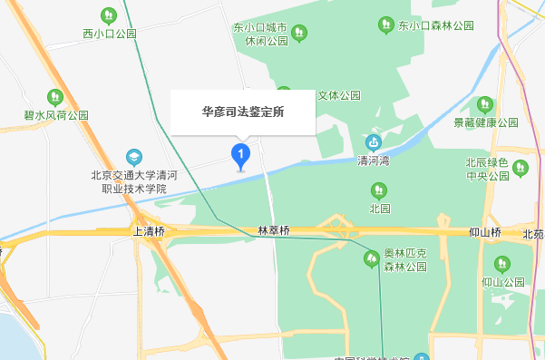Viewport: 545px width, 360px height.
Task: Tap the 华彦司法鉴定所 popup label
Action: point(243,113)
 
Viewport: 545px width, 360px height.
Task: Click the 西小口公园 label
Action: point(109,34)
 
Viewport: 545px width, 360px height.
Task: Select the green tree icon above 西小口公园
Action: point(109,15)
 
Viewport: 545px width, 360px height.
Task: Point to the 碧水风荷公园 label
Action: point(56,115)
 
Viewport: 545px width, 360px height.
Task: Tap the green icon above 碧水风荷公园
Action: point(55,96)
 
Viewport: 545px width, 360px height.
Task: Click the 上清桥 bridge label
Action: point(149,232)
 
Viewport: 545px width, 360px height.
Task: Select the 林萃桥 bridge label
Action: point(273,232)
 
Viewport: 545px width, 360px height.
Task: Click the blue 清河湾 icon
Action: point(373,142)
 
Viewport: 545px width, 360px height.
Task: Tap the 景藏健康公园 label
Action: point(485,122)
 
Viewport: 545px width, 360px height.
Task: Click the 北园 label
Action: point(379,208)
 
